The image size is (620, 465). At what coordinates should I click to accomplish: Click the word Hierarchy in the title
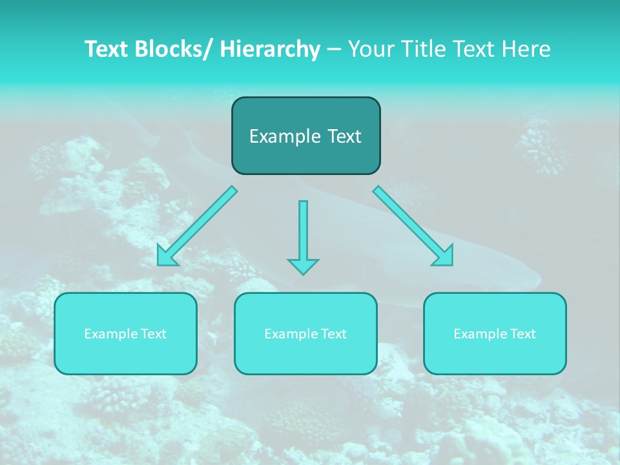click(270, 49)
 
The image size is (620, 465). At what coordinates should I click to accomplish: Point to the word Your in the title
click(370, 49)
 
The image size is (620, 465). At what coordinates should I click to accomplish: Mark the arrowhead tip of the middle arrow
click(303, 274)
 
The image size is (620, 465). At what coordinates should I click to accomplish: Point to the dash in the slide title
click(334, 49)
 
